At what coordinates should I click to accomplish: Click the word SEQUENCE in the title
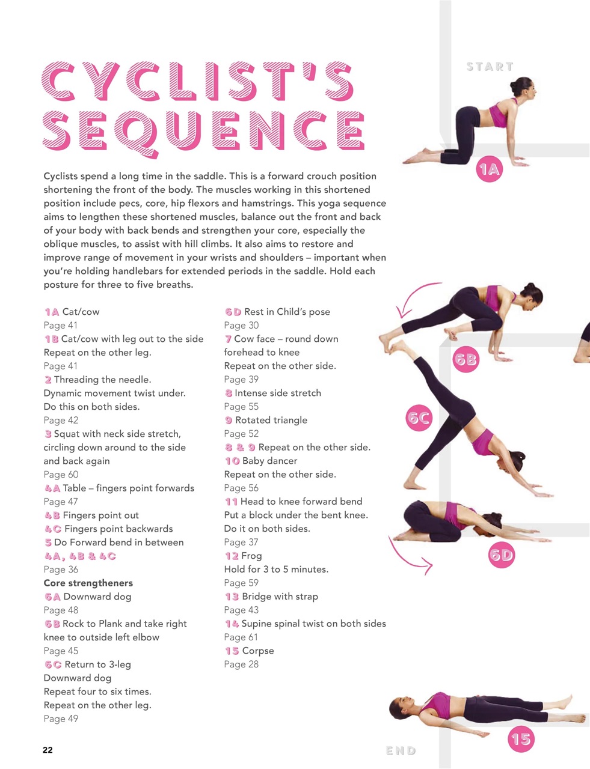coord(203,131)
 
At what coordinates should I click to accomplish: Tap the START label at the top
coord(490,67)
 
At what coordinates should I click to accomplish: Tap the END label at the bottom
coord(401,750)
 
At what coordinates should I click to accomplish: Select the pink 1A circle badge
coord(489,170)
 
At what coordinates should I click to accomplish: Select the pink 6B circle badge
coord(466,360)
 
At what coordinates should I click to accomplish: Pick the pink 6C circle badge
coord(420,418)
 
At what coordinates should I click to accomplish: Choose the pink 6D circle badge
coord(501,555)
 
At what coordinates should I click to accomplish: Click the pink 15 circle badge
coord(521,738)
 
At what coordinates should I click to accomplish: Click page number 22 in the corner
coord(48,750)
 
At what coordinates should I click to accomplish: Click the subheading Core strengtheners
coord(88,583)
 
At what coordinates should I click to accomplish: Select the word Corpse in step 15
coord(258,651)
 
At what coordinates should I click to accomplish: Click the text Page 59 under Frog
coord(241,583)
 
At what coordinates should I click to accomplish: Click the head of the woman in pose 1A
coord(524,88)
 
